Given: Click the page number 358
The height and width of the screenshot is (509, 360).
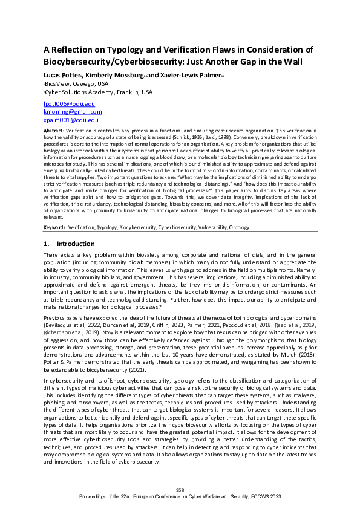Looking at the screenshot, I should pos(179,490).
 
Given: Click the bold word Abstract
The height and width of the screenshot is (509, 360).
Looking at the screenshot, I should pos(55,131).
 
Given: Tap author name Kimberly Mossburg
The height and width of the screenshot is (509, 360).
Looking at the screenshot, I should pos(111,74).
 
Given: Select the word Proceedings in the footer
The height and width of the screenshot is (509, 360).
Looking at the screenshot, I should pos(98,495).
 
